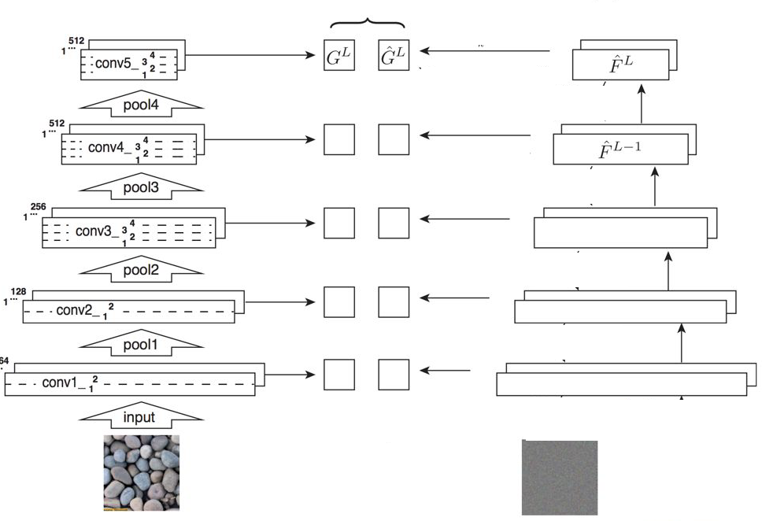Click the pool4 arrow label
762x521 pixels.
point(142,106)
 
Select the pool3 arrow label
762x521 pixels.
point(142,188)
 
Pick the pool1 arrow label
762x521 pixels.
point(142,345)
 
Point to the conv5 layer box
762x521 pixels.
point(128,64)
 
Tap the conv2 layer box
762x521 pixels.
point(129,312)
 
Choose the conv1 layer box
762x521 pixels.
point(130,384)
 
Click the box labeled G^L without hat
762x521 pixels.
point(338,57)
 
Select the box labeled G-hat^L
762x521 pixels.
point(394,57)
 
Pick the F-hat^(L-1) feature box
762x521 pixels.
point(620,149)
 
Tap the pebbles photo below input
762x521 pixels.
point(142,472)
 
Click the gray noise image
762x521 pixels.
point(560,477)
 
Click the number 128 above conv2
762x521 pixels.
point(19,291)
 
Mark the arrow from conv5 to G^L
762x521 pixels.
point(248,56)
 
